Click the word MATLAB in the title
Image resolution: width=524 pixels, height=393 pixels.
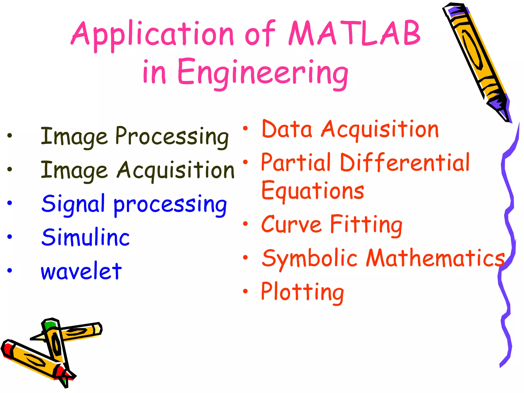354,33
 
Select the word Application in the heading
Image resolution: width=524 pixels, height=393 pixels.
152,35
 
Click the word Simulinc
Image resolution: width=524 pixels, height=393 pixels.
85,237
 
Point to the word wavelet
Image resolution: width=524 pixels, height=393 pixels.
81,271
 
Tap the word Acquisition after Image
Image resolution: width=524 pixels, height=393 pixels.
176,170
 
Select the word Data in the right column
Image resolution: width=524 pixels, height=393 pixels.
287,129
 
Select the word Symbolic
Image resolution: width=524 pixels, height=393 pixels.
310,258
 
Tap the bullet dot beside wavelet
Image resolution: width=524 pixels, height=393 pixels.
10,270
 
